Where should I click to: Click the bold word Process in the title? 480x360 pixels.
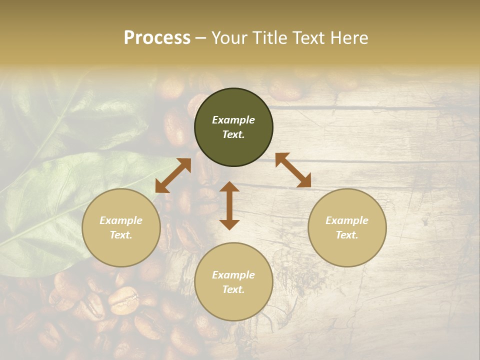point(157,38)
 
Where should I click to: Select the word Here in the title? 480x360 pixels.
point(349,38)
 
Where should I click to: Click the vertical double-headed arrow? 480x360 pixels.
point(229,205)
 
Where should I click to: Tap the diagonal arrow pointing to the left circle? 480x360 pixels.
point(173,175)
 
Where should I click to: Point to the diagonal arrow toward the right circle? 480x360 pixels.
point(293,170)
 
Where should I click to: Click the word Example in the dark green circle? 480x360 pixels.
point(233,120)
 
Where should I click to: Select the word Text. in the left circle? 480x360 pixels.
point(121,235)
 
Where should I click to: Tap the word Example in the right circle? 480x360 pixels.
point(347,220)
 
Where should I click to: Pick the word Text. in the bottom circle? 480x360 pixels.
point(233,289)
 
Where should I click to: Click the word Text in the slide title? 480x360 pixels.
point(307,38)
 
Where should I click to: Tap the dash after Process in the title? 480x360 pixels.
point(201,38)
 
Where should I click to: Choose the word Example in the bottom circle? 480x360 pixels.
point(233,275)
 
